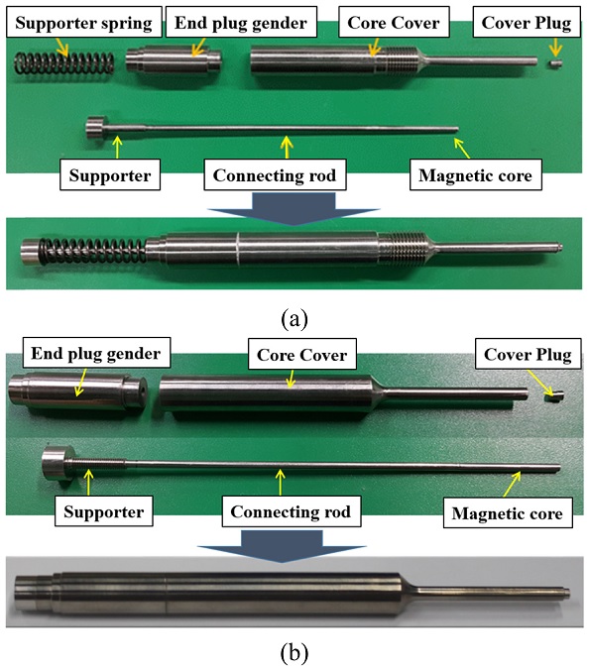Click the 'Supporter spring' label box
(84, 22)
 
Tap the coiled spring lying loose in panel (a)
(64, 63)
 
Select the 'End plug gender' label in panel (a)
(241, 22)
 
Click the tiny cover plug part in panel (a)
(555, 63)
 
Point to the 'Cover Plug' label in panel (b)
(528, 354)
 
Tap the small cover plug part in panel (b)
(554, 396)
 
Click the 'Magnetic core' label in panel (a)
(476, 175)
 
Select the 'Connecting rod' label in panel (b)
(292, 511)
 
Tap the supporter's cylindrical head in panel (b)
(58, 463)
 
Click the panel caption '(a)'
(294, 319)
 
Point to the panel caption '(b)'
(294, 653)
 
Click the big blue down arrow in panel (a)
(294, 208)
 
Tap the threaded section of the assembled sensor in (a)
(403, 249)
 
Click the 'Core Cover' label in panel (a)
(394, 22)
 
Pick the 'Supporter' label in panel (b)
(104, 511)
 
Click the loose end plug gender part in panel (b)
(77, 392)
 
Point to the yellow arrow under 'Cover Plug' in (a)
(555, 48)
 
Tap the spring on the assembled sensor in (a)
(92, 251)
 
